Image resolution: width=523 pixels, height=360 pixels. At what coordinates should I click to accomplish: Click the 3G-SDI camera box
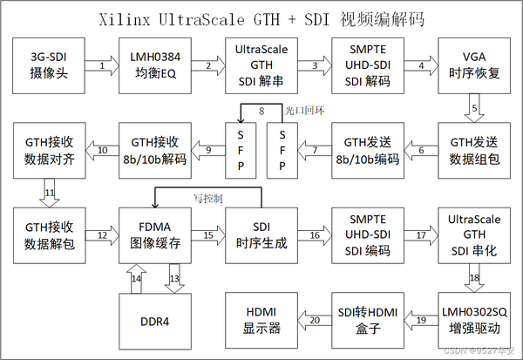[50, 65]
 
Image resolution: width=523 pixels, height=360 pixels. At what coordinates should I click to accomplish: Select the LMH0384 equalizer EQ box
[154, 65]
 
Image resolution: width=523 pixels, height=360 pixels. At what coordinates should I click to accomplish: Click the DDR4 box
[154, 321]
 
